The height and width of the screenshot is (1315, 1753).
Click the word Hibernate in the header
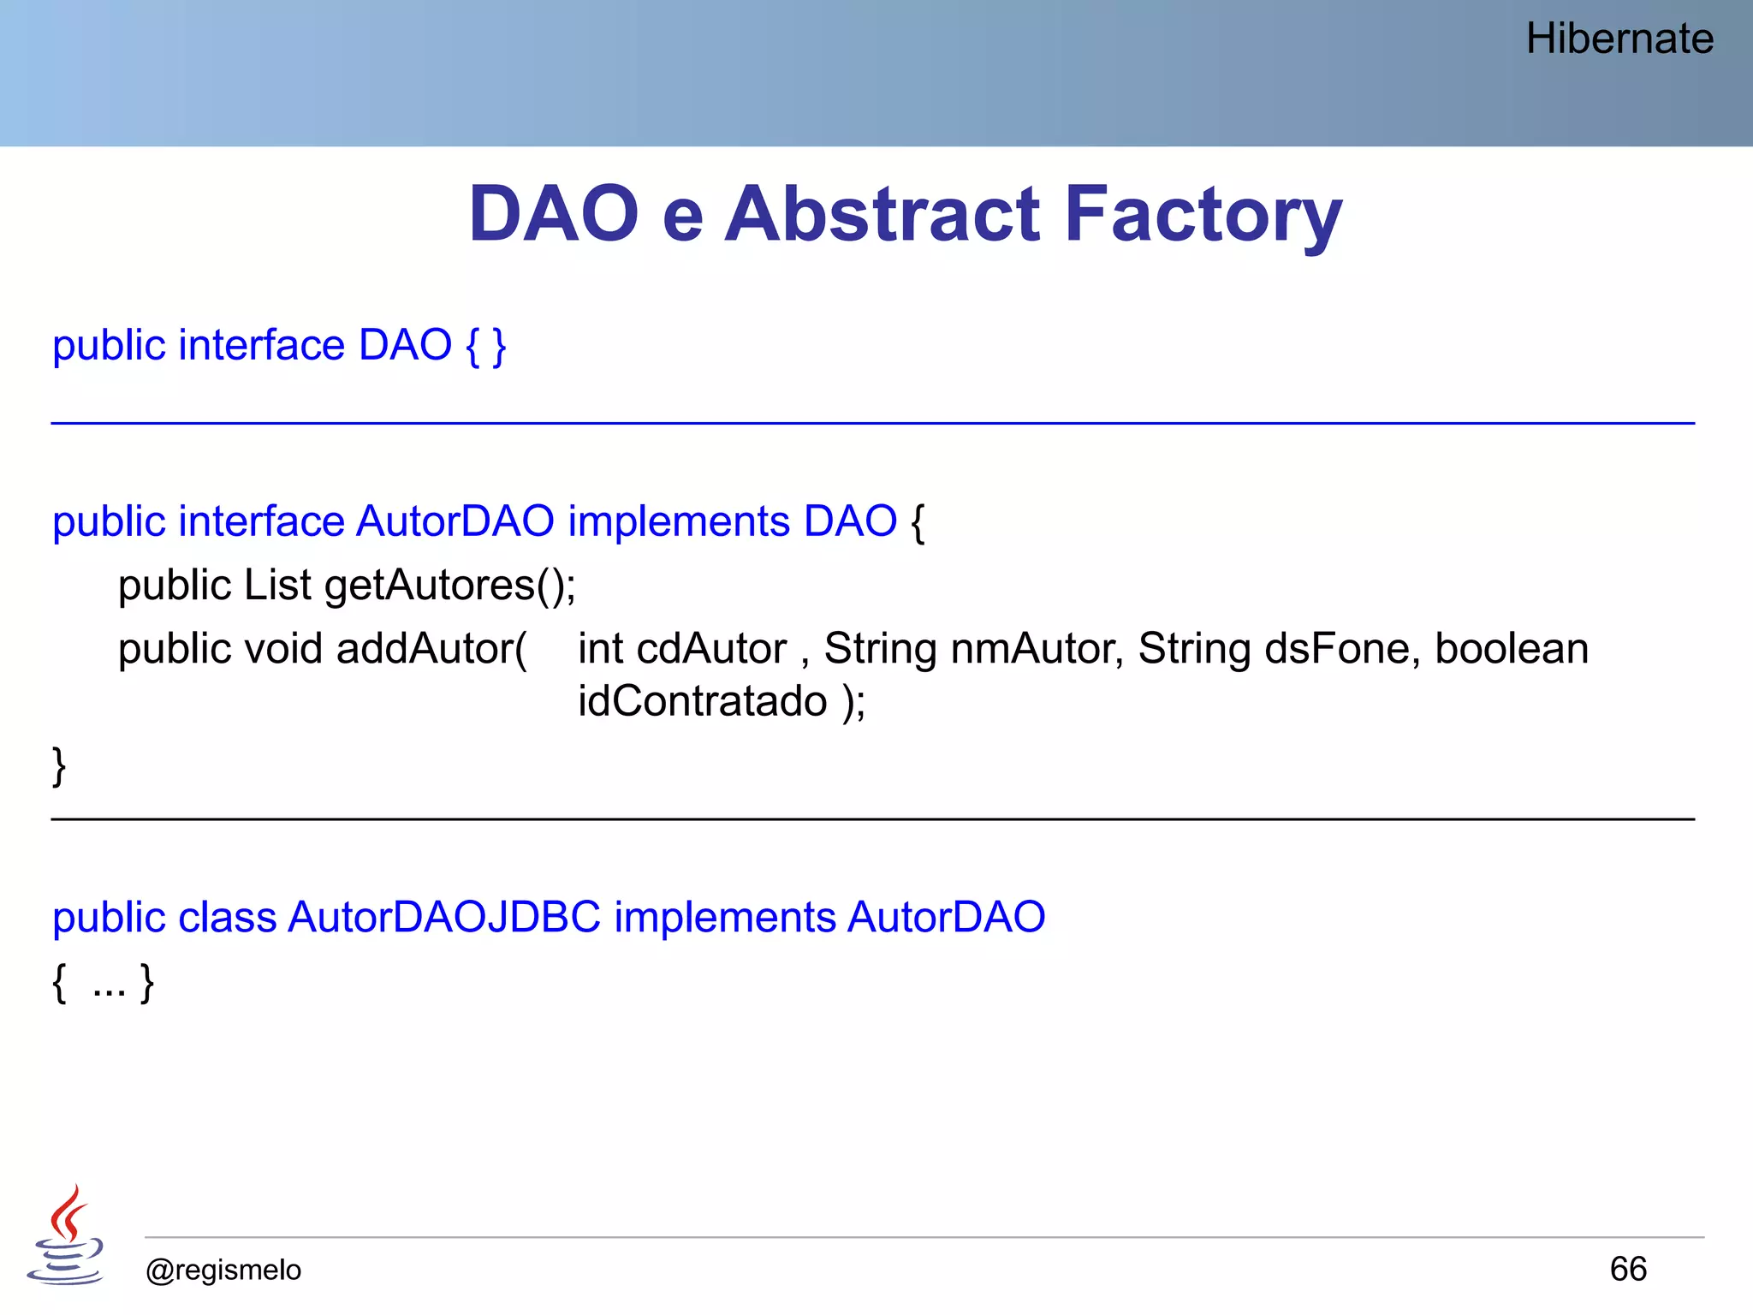[x=1619, y=39]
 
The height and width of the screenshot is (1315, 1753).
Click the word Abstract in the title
[x=882, y=214]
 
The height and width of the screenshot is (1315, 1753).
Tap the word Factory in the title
[x=1203, y=214]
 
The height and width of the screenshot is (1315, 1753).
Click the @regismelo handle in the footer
[x=223, y=1270]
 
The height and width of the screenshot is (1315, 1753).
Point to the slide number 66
[x=1627, y=1269]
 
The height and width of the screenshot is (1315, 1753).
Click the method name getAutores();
[x=450, y=586]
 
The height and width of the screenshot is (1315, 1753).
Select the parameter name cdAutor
[x=711, y=649]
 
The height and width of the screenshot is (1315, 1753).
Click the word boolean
[x=1511, y=649]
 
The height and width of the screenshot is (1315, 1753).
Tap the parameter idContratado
[x=702, y=702]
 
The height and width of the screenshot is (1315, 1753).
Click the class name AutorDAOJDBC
[x=444, y=918]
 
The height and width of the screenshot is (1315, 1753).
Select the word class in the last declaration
[x=227, y=918]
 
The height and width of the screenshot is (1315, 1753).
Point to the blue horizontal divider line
[x=873, y=423]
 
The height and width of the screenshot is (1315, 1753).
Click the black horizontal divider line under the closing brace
[x=873, y=819]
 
